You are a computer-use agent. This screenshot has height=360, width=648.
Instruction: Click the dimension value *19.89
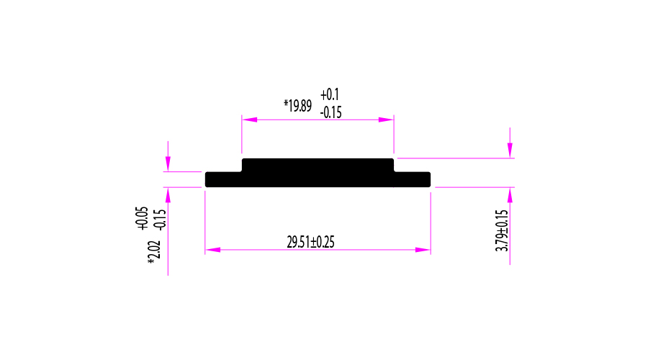point(297,106)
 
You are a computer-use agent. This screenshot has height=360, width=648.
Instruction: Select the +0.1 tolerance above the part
point(329,94)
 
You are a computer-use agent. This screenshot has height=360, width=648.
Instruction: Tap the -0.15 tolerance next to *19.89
point(331,112)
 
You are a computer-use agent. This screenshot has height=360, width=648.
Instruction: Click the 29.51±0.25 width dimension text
point(311,242)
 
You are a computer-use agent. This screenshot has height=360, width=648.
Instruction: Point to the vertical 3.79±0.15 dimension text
point(502,230)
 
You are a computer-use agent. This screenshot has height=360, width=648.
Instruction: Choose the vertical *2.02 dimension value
point(154,253)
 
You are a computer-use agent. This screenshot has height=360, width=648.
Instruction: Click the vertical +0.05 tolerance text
point(142,218)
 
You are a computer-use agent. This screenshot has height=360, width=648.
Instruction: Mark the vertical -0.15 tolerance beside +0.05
point(160,220)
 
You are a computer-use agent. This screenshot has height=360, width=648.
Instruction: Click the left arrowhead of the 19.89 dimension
point(250,120)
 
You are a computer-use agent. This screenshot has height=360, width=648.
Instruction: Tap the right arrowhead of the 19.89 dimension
point(386,120)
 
